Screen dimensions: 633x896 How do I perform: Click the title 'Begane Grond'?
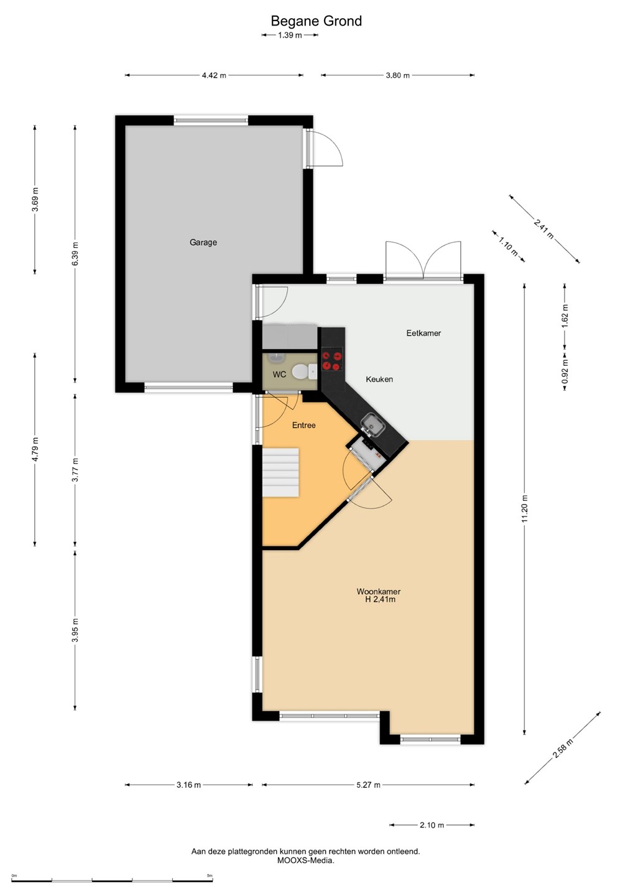tap(316, 21)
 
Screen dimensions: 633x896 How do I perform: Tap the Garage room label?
tap(203, 243)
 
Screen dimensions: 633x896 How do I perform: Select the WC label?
tap(279, 375)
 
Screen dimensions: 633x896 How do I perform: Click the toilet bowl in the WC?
tap(303, 372)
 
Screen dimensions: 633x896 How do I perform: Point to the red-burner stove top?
tap(331, 360)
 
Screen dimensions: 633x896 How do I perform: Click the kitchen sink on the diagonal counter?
tap(372, 424)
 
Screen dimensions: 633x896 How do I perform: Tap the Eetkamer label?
tap(423, 334)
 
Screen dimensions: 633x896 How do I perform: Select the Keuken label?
tap(379, 379)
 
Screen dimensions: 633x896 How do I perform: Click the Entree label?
tap(303, 425)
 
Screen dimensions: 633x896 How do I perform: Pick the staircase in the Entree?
tap(280, 472)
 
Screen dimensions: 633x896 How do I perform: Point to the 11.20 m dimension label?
tap(525, 508)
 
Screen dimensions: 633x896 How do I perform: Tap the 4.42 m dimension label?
tap(214, 75)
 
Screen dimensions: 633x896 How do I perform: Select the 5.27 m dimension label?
tap(368, 785)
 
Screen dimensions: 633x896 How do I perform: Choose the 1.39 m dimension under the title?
tap(290, 35)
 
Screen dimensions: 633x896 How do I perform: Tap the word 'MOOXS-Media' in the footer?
tap(306, 861)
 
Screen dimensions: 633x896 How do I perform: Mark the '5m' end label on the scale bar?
tap(210, 876)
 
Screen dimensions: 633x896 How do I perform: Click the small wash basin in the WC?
tap(274, 357)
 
